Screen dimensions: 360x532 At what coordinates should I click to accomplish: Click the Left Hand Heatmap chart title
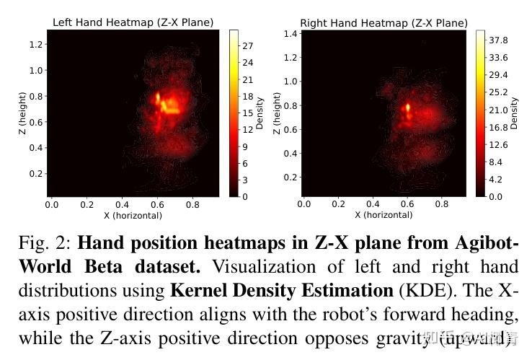click(133, 22)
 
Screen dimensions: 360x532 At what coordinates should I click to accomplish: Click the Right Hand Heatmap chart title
click(384, 23)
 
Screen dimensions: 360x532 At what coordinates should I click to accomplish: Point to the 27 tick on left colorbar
click(247, 45)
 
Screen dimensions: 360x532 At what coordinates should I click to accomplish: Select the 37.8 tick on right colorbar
click(499, 40)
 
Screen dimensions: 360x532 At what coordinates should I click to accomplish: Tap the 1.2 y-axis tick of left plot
click(36, 45)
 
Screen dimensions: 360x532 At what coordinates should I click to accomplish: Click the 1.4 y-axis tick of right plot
click(290, 34)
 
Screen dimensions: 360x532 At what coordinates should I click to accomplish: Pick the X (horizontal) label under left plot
click(133, 215)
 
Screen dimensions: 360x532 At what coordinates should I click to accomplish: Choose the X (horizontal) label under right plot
click(384, 215)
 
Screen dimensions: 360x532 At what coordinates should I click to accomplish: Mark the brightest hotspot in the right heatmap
click(408, 107)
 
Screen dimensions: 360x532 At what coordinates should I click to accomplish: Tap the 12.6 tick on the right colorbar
click(499, 144)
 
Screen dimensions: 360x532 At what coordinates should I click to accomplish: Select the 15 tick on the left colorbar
click(247, 113)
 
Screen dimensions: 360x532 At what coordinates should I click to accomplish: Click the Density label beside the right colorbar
click(514, 113)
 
